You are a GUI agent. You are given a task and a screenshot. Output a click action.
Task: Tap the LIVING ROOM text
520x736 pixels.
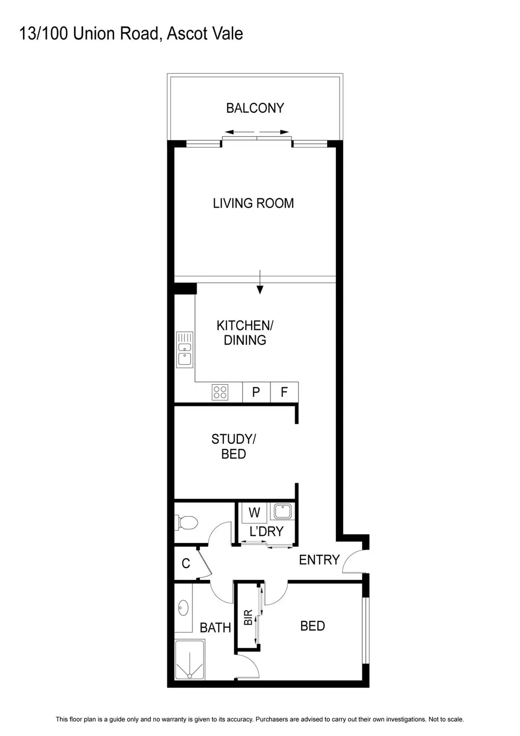coord(253,203)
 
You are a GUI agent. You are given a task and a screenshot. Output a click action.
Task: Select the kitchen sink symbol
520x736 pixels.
coord(184,349)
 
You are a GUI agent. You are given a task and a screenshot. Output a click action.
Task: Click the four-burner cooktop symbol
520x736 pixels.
coord(220,392)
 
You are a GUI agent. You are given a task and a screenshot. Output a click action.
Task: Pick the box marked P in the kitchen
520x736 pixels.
coord(256,392)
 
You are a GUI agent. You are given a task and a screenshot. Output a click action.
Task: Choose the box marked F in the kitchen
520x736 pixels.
coord(284,392)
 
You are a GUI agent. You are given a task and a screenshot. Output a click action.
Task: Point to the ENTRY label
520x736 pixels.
coord(319,560)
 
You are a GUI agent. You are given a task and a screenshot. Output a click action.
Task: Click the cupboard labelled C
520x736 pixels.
coord(186,563)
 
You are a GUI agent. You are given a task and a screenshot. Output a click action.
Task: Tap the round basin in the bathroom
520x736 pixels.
coord(183,608)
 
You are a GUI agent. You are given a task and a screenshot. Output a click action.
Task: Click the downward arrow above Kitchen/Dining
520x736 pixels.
coord(260,282)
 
